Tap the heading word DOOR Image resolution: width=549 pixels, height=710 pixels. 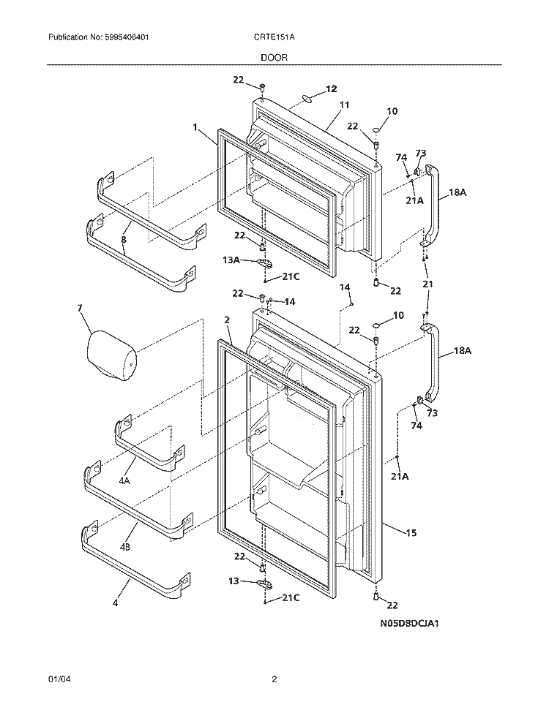(274, 56)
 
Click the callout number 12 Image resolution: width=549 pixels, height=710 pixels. (331, 89)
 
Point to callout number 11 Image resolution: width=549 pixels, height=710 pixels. (344, 105)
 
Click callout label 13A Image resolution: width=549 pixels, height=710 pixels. (231, 260)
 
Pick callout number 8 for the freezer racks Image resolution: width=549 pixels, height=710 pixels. (123, 239)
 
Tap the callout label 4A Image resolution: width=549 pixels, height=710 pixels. (124, 480)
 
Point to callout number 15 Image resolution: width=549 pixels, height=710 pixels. (411, 533)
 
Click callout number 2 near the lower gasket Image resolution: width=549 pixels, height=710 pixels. (227, 320)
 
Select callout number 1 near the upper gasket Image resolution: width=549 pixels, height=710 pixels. (195, 127)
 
